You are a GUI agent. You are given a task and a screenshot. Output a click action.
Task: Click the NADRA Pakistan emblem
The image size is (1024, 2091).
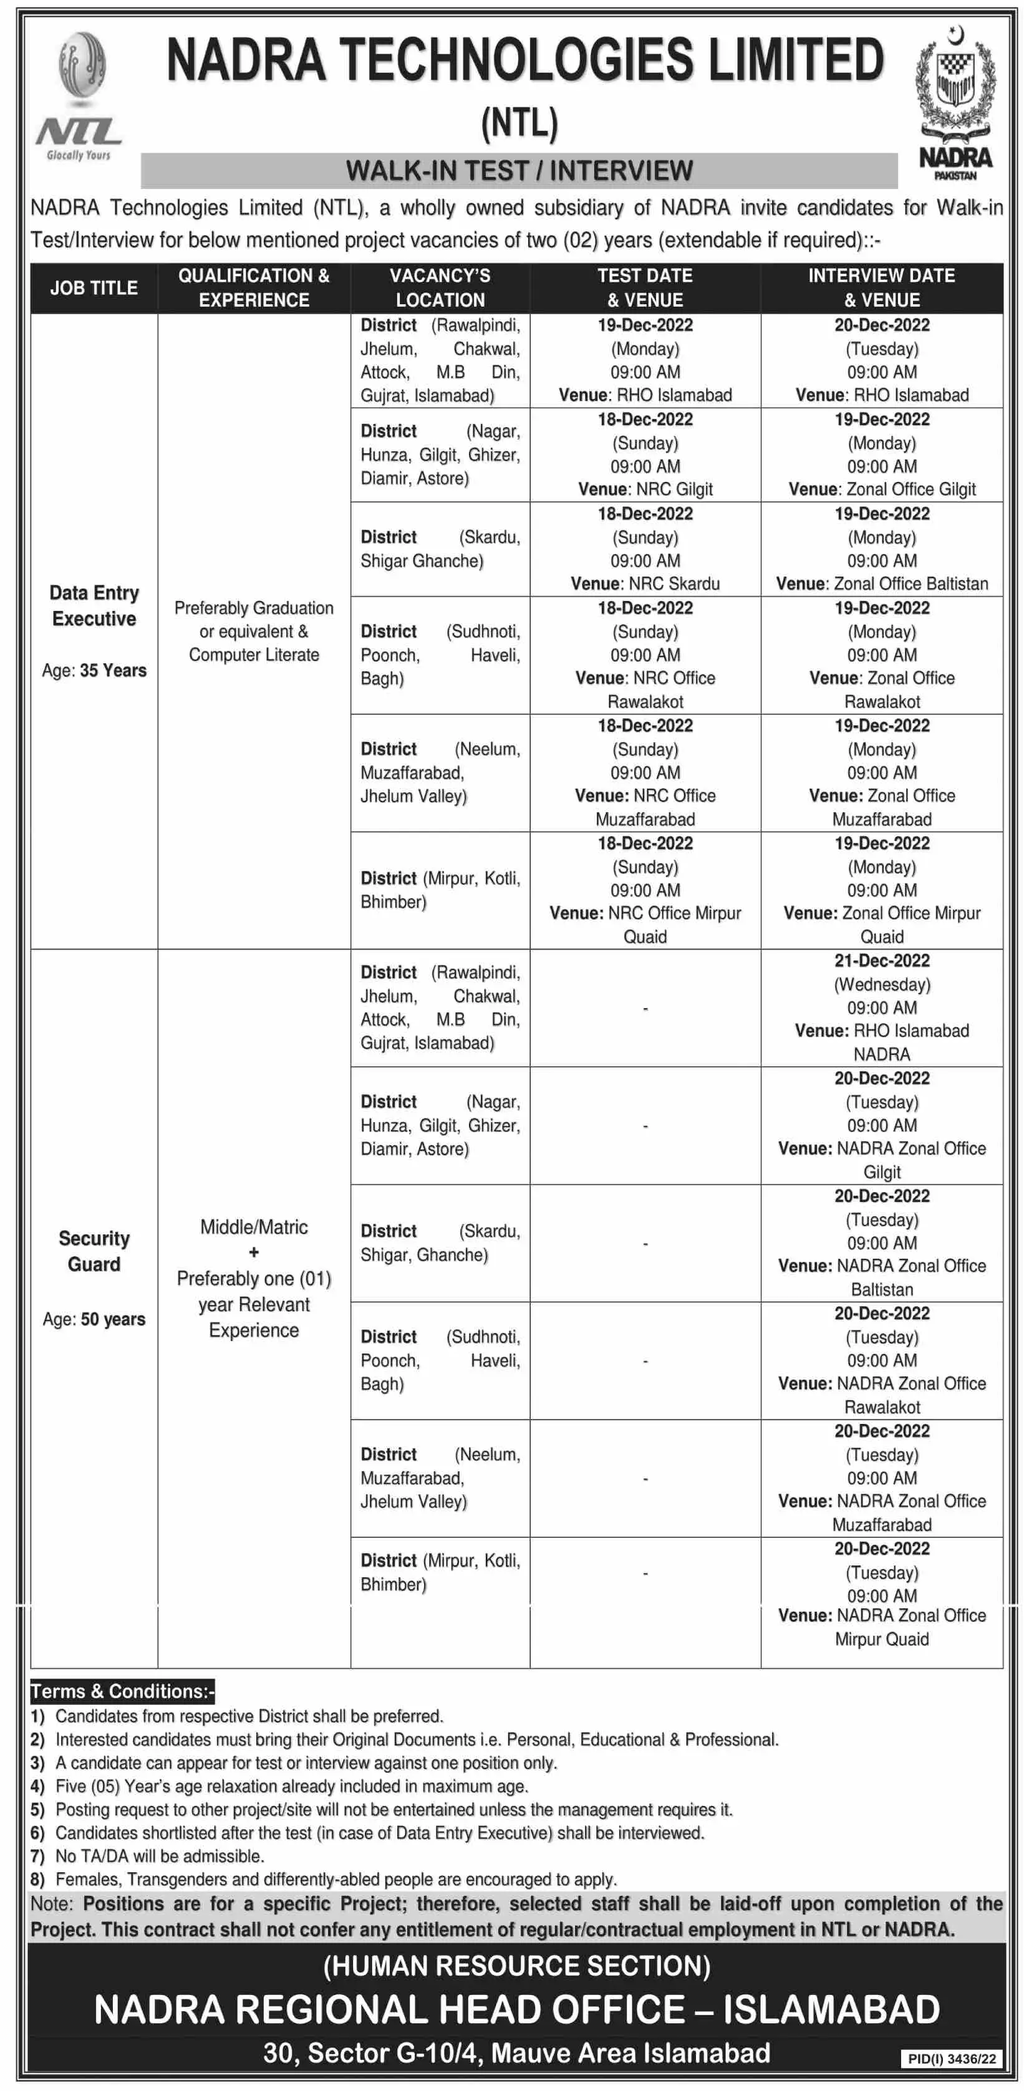(x=954, y=102)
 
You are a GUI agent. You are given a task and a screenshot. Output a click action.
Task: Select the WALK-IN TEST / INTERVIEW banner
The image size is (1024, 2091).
(x=519, y=170)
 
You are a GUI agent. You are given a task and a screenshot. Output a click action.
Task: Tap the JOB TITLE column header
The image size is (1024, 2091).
(x=94, y=287)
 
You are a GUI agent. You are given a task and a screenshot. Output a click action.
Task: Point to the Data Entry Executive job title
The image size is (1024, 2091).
(x=94, y=605)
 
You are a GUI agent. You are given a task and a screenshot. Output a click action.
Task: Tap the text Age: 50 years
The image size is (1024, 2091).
(x=94, y=1319)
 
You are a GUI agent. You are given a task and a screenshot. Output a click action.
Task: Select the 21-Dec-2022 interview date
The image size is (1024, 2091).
(x=881, y=961)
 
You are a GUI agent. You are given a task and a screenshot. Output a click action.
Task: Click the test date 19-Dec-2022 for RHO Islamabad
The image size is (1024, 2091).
(x=645, y=325)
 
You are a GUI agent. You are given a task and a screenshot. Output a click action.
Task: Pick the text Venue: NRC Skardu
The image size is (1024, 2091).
(x=645, y=584)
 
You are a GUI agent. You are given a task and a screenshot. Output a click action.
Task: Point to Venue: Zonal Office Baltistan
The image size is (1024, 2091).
(x=881, y=584)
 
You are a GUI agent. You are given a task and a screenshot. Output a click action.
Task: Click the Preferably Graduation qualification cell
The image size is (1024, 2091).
(x=253, y=631)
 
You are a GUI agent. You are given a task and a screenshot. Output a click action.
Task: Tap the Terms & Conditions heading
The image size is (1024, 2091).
(x=122, y=1691)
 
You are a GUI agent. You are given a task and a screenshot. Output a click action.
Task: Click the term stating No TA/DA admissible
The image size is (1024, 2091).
(x=159, y=1855)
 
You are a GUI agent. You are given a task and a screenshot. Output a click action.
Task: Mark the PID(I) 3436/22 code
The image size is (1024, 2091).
(x=951, y=2059)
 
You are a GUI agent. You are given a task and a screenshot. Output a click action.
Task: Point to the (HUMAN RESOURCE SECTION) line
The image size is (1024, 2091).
(x=516, y=1965)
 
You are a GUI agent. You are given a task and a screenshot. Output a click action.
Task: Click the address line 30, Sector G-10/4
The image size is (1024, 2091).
(x=516, y=2053)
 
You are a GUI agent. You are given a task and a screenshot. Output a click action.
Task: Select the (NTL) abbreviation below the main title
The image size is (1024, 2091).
(x=519, y=123)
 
